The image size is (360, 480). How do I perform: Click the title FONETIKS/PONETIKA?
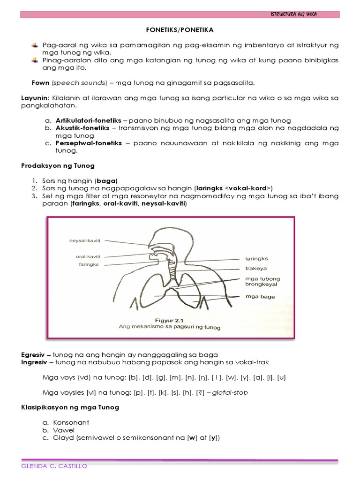pos(180,30)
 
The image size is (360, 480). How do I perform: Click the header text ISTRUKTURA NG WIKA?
pos(293,15)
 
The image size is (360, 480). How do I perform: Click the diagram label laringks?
pos(257,258)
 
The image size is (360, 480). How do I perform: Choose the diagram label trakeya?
pos(255,269)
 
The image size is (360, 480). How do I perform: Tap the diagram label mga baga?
pos(260,297)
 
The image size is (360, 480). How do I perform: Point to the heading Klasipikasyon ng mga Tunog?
pos(70,407)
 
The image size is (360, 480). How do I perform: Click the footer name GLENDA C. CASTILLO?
pos(54,466)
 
